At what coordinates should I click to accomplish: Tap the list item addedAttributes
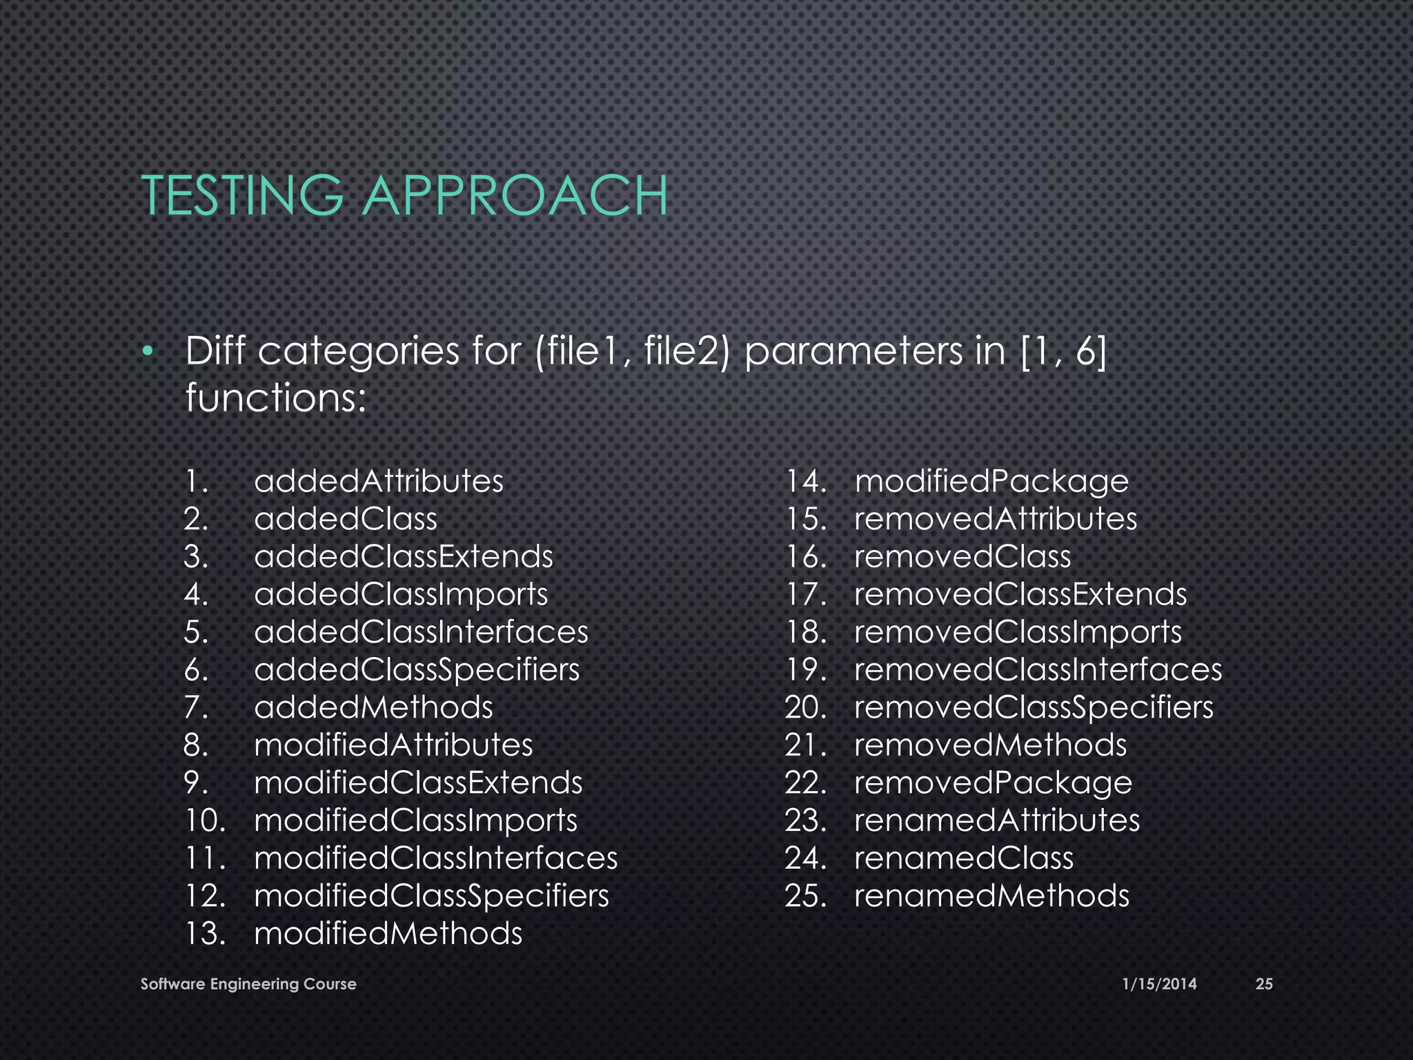(378, 481)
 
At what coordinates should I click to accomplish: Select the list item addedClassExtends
(403, 556)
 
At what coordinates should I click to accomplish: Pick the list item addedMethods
(373, 707)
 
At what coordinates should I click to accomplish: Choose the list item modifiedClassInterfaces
(435, 858)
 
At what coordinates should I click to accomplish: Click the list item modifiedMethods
(388, 934)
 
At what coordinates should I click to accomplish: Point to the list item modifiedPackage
(991, 481)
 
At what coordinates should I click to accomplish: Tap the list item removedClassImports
(1018, 631)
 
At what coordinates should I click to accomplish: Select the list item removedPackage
(993, 783)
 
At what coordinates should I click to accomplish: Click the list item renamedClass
(964, 858)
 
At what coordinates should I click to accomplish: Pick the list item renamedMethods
(991, 896)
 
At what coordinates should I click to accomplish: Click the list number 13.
(205, 934)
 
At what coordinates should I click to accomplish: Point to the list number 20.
(805, 707)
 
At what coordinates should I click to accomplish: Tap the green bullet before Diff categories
(146, 353)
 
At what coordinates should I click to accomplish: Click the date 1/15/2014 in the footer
(1159, 984)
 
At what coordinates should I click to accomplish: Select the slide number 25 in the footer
(1263, 984)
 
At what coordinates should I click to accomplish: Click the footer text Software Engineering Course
(248, 984)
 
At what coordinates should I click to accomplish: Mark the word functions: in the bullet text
(275, 398)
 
